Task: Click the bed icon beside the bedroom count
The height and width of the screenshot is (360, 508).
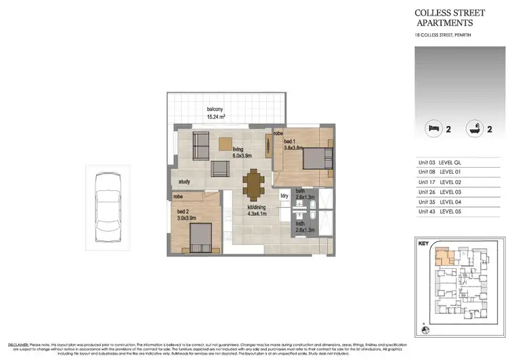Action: (431, 128)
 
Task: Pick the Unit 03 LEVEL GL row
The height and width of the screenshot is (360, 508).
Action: (444, 162)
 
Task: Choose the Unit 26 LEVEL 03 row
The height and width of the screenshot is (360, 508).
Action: (444, 192)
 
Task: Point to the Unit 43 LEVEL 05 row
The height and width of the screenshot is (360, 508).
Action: (444, 212)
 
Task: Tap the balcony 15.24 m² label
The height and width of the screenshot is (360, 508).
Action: (216, 113)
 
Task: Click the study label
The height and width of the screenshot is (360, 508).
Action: (184, 181)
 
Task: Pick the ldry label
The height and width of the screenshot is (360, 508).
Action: (284, 196)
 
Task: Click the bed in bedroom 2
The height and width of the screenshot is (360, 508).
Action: (202, 238)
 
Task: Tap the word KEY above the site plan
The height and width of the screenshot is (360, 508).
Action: (424, 242)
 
